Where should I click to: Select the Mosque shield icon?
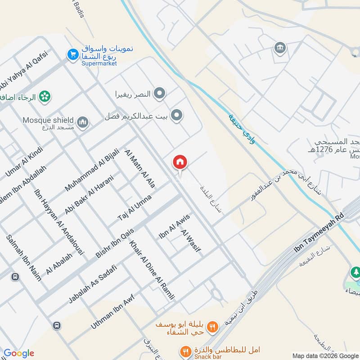[82, 121]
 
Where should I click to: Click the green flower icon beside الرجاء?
[45, 96]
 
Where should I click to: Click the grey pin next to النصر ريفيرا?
[159, 94]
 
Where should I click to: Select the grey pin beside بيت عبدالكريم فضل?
[177, 116]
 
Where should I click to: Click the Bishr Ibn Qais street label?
[115, 241]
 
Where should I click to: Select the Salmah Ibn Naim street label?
[23, 257]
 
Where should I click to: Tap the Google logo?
[19, 353]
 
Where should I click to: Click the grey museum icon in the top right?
[280, 47]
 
